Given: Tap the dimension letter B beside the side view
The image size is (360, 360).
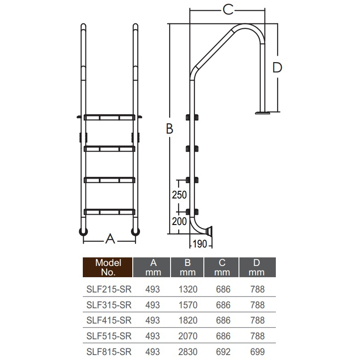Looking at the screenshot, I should point(169,129).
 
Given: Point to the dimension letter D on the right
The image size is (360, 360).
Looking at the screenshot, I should point(277,67).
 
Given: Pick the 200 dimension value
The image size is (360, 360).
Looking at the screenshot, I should point(180,221).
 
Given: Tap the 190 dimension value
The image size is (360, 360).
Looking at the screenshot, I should point(200,244).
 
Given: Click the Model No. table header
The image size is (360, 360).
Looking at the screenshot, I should point(108,267).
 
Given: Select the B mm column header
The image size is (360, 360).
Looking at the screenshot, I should point(187,267).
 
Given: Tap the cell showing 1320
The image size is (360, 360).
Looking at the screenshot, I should point(188,289).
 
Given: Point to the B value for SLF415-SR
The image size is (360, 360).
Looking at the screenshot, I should point(188,320).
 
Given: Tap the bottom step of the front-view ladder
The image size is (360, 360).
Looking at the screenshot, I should point(109,211).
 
